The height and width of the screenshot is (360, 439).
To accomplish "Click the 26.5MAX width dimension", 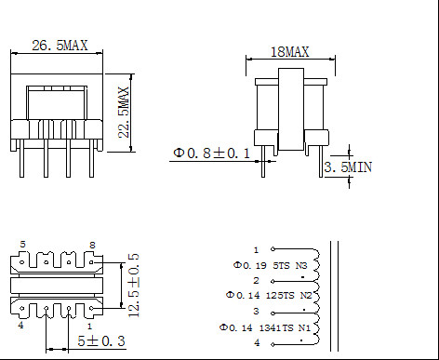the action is coord(60,46).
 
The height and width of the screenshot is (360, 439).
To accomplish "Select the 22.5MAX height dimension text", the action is coord(124,113).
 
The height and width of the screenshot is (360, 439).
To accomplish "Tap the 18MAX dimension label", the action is coord(290,52).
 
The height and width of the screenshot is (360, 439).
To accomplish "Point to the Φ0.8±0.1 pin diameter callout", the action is coord(211,153).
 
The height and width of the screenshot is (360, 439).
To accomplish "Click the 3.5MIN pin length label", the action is coord(348,167).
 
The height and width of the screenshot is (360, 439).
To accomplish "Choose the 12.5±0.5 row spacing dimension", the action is coord(134,286).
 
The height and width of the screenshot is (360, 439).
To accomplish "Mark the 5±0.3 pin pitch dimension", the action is coord(101,341).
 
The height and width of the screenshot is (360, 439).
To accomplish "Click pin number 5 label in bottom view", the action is coord(22,245).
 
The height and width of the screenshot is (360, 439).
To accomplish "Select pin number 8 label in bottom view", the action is coord(92,245).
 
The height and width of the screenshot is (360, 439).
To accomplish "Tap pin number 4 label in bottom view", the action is coord(20,326).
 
